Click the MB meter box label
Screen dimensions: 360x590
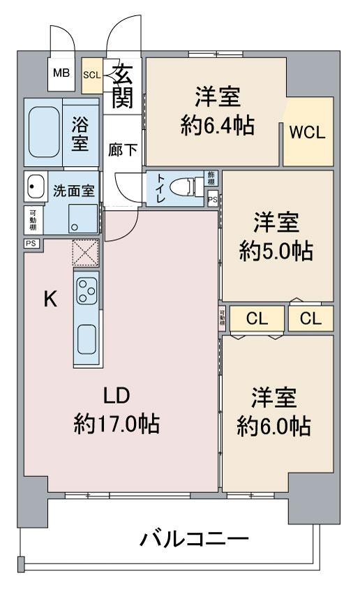click(61, 73)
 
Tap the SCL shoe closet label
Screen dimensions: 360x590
click(92, 75)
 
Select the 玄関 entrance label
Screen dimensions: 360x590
click(123, 86)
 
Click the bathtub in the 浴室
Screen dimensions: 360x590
click(44, 132)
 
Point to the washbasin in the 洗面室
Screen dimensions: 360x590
click(36, 186)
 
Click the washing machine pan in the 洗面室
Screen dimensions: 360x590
click(83, 219)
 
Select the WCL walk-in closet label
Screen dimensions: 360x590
click(307, 133)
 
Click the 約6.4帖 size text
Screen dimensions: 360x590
click(217, 126)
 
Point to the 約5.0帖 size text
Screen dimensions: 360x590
click(276, 251)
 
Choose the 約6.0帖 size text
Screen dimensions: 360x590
click(273, 427)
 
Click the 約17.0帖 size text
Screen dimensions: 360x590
click(117, 424)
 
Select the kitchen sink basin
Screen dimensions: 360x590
click(87, 339)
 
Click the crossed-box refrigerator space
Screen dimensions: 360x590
click(86, 253)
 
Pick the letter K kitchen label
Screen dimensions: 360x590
click(51, 300)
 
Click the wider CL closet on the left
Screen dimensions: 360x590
click(257, 318)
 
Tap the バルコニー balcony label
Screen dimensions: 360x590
click(194, 539)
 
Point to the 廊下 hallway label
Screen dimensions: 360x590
click(123, 149)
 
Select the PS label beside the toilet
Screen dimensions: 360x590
click(213, 200)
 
